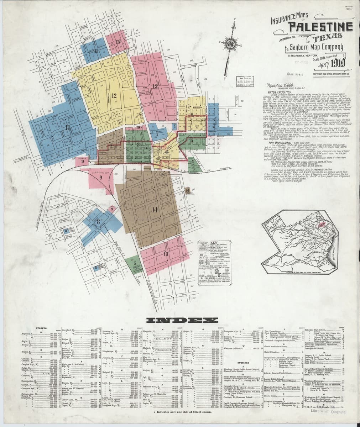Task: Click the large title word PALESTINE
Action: coord(320,27)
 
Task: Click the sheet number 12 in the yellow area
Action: coord(114,95)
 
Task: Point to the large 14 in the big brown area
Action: coord(154,210)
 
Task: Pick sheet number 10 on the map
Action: coord(138,127)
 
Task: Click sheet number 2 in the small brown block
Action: coord(111,146)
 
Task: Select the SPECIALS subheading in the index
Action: coord(242,363)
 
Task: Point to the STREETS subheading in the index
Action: coord(42,328)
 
